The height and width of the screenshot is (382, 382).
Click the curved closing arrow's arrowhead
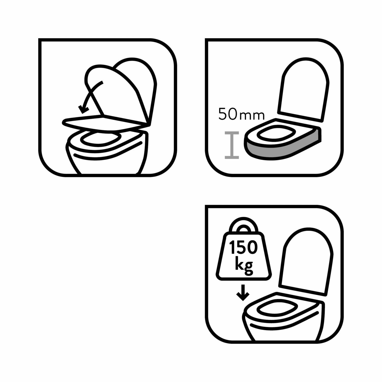(83, 110)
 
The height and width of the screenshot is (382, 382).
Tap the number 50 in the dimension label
(228, 114)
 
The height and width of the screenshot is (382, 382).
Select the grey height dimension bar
(232, 145)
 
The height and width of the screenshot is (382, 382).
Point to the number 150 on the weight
(243, 247)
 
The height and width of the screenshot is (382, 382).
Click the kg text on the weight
(244, 266)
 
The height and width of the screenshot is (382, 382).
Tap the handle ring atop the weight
(243, 224)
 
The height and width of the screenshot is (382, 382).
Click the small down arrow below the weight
(243, 293)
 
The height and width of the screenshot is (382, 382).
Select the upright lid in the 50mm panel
(303, 89)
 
